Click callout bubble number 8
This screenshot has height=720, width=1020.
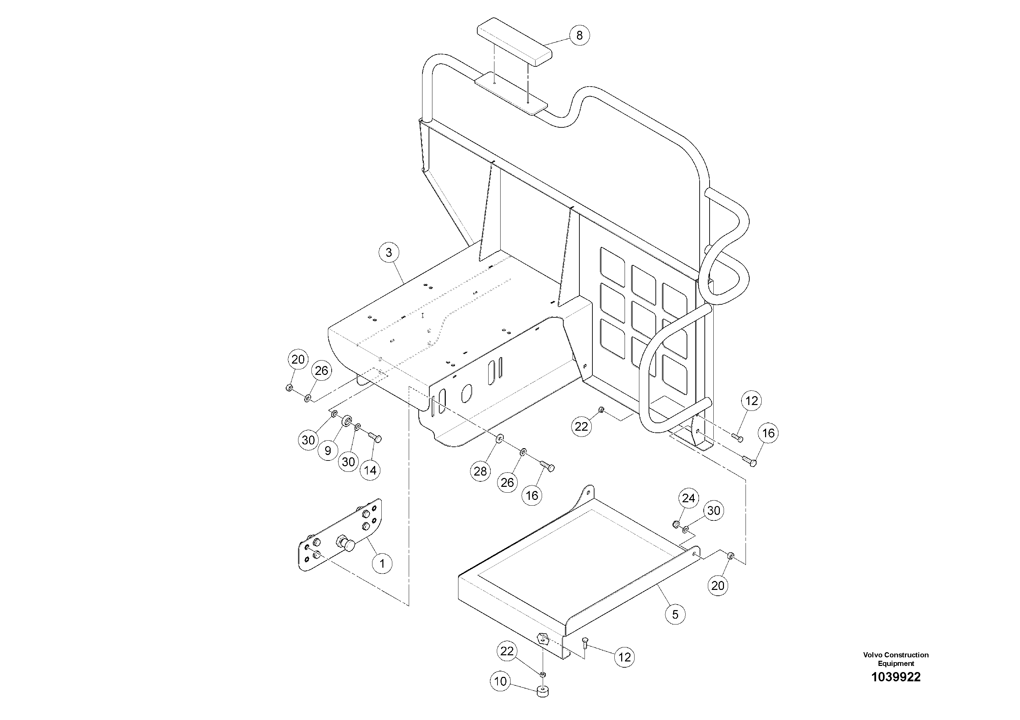579,35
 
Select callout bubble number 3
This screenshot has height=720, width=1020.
389,253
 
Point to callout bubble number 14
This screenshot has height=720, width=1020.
370,470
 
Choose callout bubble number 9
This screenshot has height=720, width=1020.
328,451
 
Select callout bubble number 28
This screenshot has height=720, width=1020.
480,471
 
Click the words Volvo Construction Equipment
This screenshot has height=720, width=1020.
896,659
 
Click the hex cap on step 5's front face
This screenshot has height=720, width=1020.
543,639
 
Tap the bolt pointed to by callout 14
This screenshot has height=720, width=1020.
376,438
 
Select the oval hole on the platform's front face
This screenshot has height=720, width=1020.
466,393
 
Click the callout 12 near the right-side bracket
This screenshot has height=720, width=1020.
751,401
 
